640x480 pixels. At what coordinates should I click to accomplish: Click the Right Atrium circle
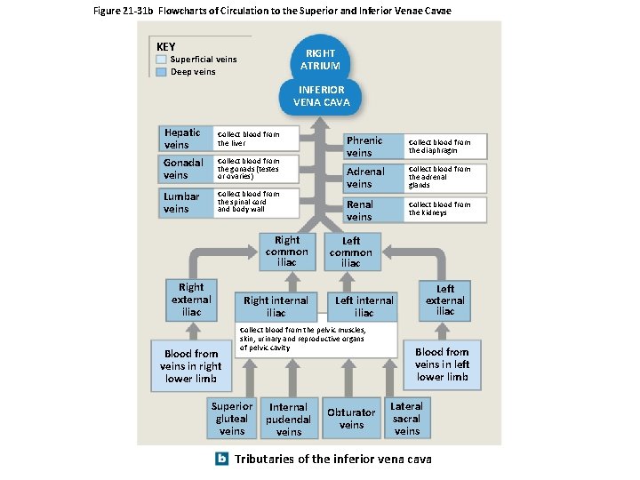tap(320, 59)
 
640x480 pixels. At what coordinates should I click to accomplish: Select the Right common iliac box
tap(287, 251)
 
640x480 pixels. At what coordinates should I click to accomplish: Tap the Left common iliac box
tap(351, 252)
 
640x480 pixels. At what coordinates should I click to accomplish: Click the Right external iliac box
tap(191, 300)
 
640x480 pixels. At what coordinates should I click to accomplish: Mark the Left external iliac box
tap(444, 300)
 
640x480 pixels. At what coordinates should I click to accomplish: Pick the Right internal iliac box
tap(276, 307)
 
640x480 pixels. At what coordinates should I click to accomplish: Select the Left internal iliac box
tap(364, 307)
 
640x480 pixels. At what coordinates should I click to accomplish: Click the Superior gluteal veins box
tap(232, 419)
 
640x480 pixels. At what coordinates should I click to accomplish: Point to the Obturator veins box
tap(351, 419)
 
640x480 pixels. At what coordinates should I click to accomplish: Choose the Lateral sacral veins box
tap(406, 419)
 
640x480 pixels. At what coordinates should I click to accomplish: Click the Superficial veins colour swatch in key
tap(161, 60)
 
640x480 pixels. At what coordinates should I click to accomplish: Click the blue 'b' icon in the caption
tap(222, 459)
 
